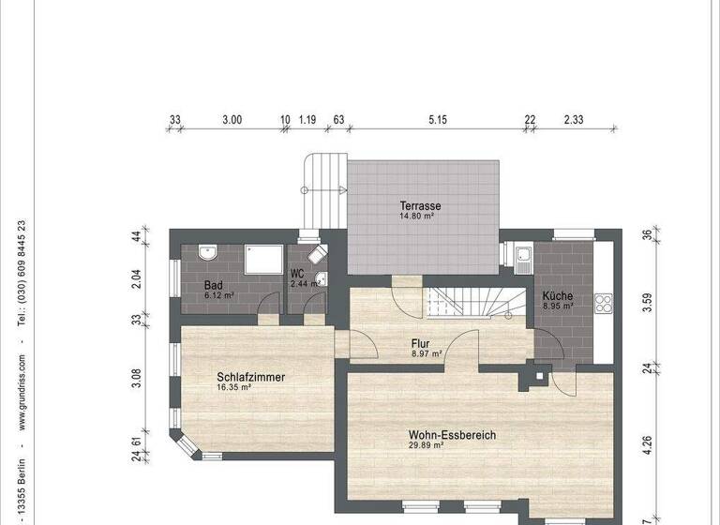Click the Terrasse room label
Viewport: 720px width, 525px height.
point(420,205)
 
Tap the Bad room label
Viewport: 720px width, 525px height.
point(213,285)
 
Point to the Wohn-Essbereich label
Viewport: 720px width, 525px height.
point(451,435)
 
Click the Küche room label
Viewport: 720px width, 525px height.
point(557,296)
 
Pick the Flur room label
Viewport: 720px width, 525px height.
point(419,343)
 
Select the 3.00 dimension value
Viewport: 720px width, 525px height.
point(232,120)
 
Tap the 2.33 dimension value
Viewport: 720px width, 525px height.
point(574,120)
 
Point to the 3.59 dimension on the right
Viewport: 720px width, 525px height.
point(646,302)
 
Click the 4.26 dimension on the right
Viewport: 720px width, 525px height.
point(646,434)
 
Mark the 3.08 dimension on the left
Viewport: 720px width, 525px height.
point(137,380)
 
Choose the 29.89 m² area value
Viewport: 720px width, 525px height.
point(426,446)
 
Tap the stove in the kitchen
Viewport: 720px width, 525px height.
point(603,303)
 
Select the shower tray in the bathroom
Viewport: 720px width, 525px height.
point(264,259)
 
